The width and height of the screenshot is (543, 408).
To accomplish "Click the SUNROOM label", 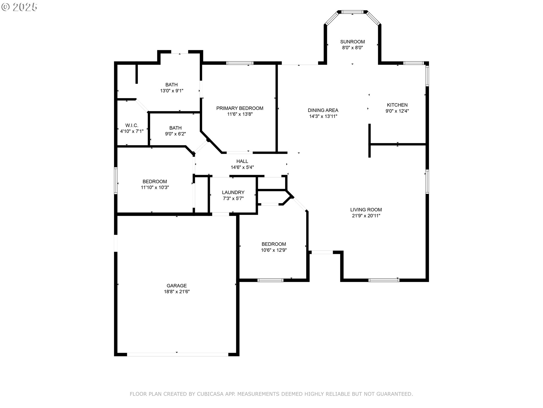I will click(352, 42).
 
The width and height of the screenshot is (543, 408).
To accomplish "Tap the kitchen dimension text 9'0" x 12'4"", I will click(397, 111).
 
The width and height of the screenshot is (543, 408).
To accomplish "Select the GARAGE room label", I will click(176, 286).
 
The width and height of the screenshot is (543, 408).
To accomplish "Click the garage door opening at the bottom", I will click(177, 354).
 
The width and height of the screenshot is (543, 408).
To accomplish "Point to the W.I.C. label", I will click(132, 125).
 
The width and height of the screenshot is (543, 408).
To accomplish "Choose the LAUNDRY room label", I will click(233, 192).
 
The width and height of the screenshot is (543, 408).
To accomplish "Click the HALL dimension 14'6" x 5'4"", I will click(242, 167).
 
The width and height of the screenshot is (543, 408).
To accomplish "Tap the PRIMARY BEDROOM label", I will click(240, 108).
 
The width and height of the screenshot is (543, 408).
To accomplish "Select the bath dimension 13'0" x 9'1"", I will click(171, 91).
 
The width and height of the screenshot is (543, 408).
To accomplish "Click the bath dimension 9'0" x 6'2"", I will click(175, 134).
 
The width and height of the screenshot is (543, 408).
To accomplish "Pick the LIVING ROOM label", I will click(366, 210).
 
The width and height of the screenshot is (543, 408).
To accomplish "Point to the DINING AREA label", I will click(323, 110).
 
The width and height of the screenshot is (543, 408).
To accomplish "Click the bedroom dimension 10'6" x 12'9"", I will click(273, 250).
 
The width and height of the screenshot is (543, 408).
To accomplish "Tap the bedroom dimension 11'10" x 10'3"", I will click(155, 188).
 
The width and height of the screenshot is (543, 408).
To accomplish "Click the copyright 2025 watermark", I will click(19, 7).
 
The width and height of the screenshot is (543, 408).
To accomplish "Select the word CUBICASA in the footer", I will click(210, 394).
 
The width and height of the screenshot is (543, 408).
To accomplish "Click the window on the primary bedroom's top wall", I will click(240, 63).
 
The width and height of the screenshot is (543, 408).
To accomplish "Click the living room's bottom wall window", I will click(384, 280).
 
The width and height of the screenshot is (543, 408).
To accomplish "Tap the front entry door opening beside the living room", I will click(322, 252).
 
